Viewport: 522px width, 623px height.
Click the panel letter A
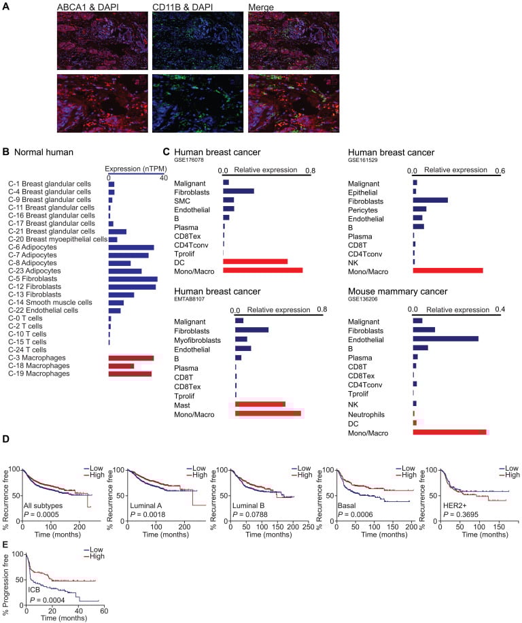[6, 6]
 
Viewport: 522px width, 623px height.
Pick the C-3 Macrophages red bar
[130, 358]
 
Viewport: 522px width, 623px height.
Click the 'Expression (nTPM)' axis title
[133, 167]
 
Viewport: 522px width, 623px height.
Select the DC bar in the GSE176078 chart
[255, 261]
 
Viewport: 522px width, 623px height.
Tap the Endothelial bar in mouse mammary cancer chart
[445, 338]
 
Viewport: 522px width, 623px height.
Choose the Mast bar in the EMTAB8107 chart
[260, 405]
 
